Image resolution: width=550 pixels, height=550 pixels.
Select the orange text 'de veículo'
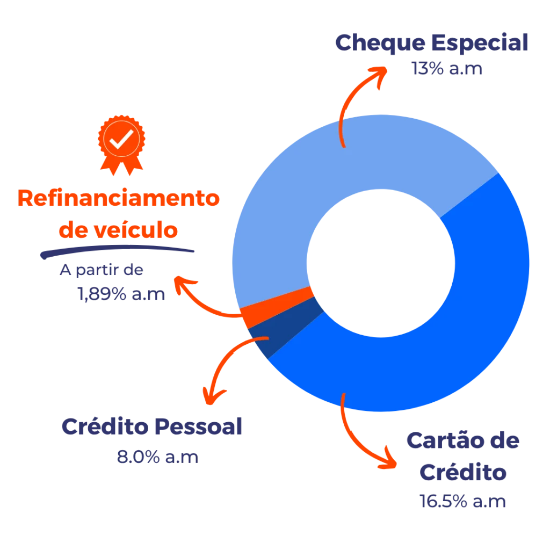118,230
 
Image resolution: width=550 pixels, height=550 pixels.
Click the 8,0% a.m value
157,457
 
